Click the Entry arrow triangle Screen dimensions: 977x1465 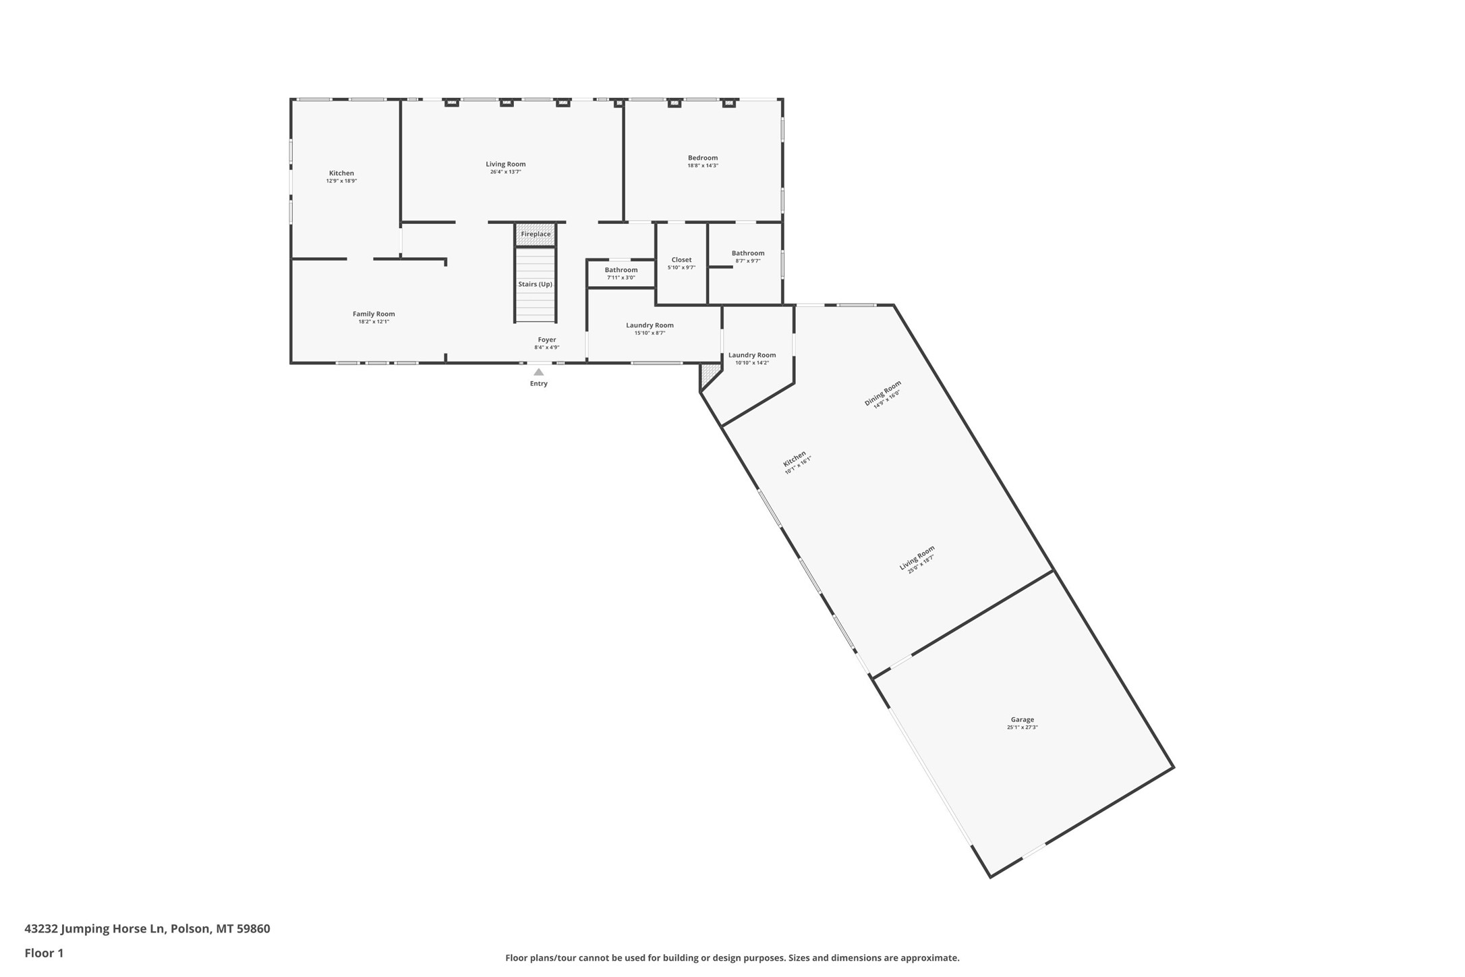click(538, 372)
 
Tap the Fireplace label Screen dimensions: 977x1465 click(536, 234)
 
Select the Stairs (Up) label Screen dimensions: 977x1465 click(535, 284)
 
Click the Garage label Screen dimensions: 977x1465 click(1022, 719)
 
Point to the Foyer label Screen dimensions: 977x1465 click(547, 339)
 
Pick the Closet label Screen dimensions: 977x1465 click(681, 260)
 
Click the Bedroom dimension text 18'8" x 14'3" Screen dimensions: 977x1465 click(703, 166)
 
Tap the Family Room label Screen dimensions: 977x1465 click(374, 314)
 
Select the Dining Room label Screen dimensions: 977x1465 click(882, 393)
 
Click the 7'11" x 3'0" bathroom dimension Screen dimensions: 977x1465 click(621, 278)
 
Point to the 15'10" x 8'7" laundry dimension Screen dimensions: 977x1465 click(650, 333)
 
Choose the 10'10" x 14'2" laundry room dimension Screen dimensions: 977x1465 click(751, 363)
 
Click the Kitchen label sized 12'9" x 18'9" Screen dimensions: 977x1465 click(341, 173)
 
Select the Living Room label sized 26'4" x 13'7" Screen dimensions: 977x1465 click(505, 164)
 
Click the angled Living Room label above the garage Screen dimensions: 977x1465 click(917, 557)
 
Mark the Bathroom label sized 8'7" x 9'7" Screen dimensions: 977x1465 click(748, 253)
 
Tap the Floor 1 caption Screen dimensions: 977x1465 click(44, 953)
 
